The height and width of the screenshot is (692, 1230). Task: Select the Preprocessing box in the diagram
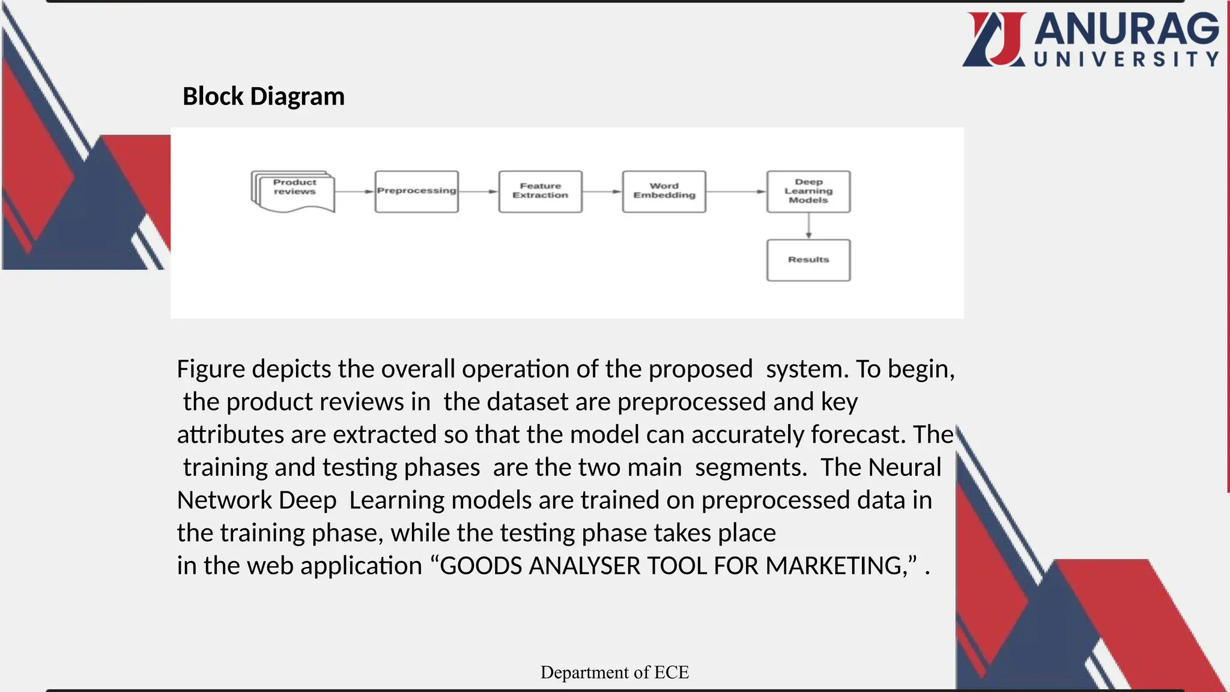417,192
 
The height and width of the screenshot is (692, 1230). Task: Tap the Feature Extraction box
541,192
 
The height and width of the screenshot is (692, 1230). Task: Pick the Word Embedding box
664,192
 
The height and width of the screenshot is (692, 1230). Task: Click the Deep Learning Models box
808,192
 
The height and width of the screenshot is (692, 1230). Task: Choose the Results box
808,260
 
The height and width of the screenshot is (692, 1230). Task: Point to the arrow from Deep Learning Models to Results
808,226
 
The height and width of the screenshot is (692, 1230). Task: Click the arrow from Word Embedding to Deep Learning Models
736,192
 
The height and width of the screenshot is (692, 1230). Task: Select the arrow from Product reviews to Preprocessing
355,192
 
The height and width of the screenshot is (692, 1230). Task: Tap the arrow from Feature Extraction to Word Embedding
602,192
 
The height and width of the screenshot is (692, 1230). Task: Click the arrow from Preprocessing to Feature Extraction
479,192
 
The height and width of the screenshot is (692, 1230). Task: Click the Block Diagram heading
264,97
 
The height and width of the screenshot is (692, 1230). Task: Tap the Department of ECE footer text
614,672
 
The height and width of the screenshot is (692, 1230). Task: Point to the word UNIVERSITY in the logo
1127,59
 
